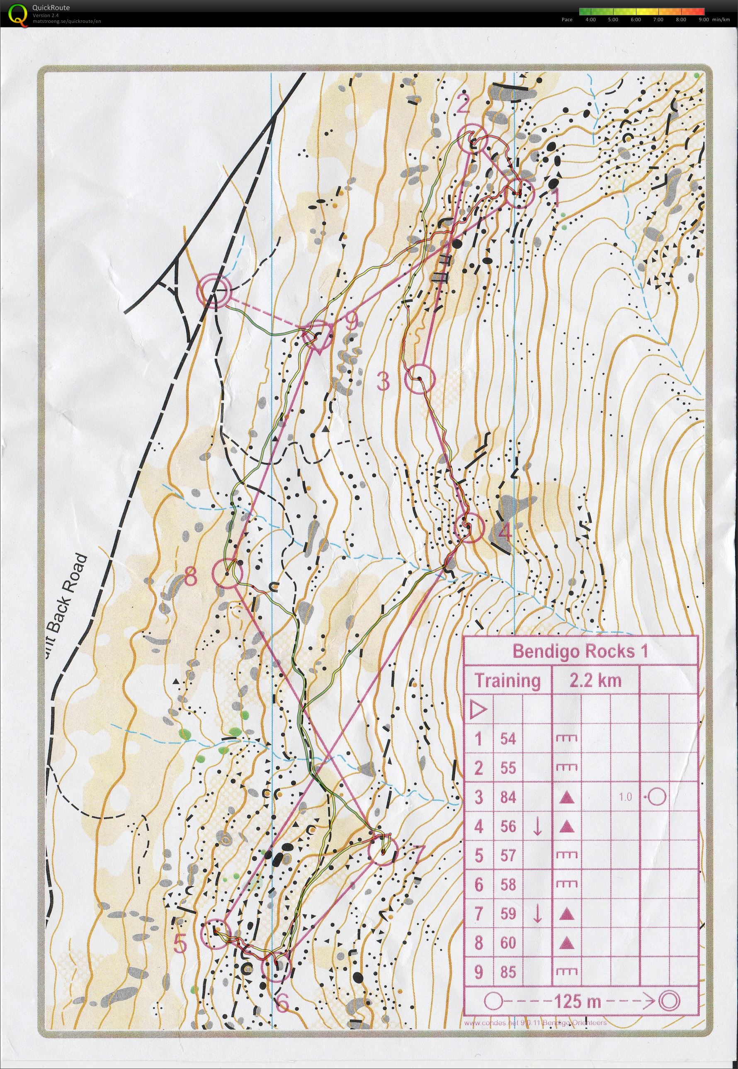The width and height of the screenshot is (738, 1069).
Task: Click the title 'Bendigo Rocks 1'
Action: click(580, 651)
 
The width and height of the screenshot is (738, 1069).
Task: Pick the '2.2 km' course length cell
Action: click(595, 681)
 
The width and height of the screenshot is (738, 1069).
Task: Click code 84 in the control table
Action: click(508, 797)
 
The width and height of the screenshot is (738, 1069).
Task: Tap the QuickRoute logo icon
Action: click(17, 13)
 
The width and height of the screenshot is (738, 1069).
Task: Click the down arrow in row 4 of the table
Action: click(537, 827)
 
